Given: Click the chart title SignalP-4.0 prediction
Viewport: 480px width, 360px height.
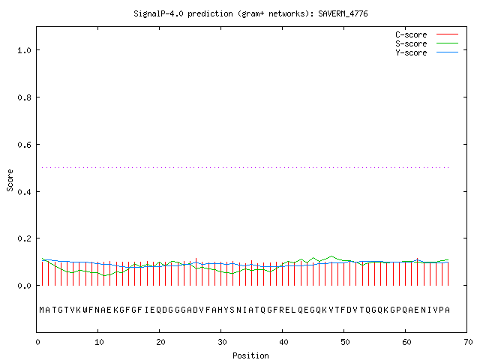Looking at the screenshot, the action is [x=250, y=13].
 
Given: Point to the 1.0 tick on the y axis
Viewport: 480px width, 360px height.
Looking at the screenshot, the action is [x=25, y=50].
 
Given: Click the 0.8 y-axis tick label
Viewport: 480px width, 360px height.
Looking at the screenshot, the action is [x=25, y=97].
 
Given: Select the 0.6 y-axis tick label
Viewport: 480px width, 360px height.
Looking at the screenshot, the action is [x=25, y=145].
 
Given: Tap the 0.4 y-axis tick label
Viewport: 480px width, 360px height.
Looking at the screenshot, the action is [x=25, y=192].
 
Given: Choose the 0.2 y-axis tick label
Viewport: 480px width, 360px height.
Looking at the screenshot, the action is [x=25, y=238].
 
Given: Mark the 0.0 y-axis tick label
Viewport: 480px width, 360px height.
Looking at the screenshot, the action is [x=25, y=286].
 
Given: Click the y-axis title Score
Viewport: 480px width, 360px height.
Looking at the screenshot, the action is [x=10, y=181].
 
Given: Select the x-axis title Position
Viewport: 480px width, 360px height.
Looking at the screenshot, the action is [x=250, y=355].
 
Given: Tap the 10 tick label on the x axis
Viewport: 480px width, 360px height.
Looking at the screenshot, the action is [x=99, y=342].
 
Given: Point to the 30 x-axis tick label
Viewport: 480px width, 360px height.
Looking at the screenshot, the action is [x=222, y=342].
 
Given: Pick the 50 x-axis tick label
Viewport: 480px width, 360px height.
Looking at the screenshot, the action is [x=345, y=342].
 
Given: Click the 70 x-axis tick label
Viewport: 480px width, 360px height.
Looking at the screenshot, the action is [x=468, y=342].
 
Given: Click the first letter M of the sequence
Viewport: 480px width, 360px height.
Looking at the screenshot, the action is [x=42, y=310].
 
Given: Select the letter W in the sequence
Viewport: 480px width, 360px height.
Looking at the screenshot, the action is [x=85, y=310].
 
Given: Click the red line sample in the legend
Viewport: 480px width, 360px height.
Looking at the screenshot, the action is [x=447, y=34].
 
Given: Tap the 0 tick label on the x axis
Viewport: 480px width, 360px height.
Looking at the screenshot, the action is [x=37, y=342].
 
